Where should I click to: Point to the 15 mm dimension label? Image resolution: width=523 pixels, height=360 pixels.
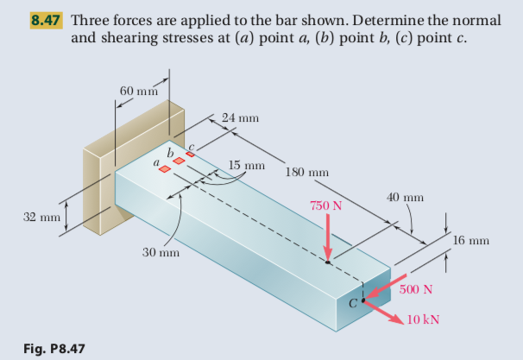pos(247,164)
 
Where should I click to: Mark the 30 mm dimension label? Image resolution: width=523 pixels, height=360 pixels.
pos(161,253)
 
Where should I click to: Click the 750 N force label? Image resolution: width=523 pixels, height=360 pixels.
pos(326,206)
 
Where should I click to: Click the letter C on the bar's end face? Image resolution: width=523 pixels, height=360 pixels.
pos(351,303)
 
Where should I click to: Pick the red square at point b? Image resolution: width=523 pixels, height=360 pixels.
pos(179,161)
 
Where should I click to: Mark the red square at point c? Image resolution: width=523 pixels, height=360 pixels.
pos(191,154)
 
